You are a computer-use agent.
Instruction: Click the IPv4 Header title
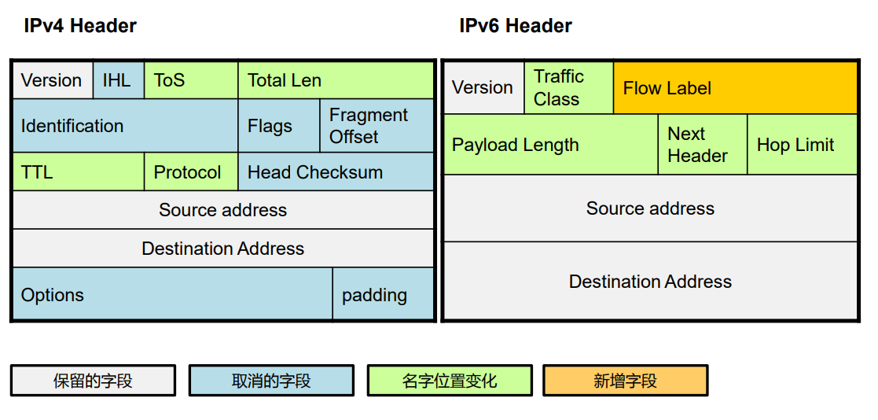[80, 26]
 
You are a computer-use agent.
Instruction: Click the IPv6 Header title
[516, 26]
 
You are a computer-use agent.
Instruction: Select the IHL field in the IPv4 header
[118, 80]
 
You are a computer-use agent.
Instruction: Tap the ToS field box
[190, 80]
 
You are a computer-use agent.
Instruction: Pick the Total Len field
[336, 80]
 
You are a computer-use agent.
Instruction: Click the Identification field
[126, 126]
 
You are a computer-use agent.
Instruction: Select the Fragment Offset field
[377, 126]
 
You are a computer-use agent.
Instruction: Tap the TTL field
[79, 172]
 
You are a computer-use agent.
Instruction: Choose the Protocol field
[190, 172]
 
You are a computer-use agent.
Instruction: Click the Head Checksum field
[336, 172]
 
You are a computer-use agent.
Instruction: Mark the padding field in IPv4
[383, 295]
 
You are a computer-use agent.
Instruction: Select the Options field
[172, 295]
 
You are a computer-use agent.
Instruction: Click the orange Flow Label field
[735, 88]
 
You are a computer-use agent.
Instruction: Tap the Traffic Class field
[568, 88]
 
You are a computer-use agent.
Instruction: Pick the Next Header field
[702, 145]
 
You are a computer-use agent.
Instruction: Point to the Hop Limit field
[802, 145]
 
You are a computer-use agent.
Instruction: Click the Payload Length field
[550, 145]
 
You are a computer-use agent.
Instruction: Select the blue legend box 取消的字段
[271, 381]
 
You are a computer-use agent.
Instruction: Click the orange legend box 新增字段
[625, 381]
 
